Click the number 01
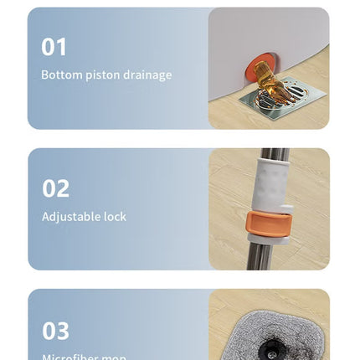[x=54, y=47]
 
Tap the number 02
[x=55, y=188]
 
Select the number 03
[x=55, y=331]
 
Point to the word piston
[x=100, y=75]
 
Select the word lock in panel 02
[x=116, y=216]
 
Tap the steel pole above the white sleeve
[x=273, y=155]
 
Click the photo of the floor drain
[x=268, y=69]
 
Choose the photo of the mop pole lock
[x=268, y=209]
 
